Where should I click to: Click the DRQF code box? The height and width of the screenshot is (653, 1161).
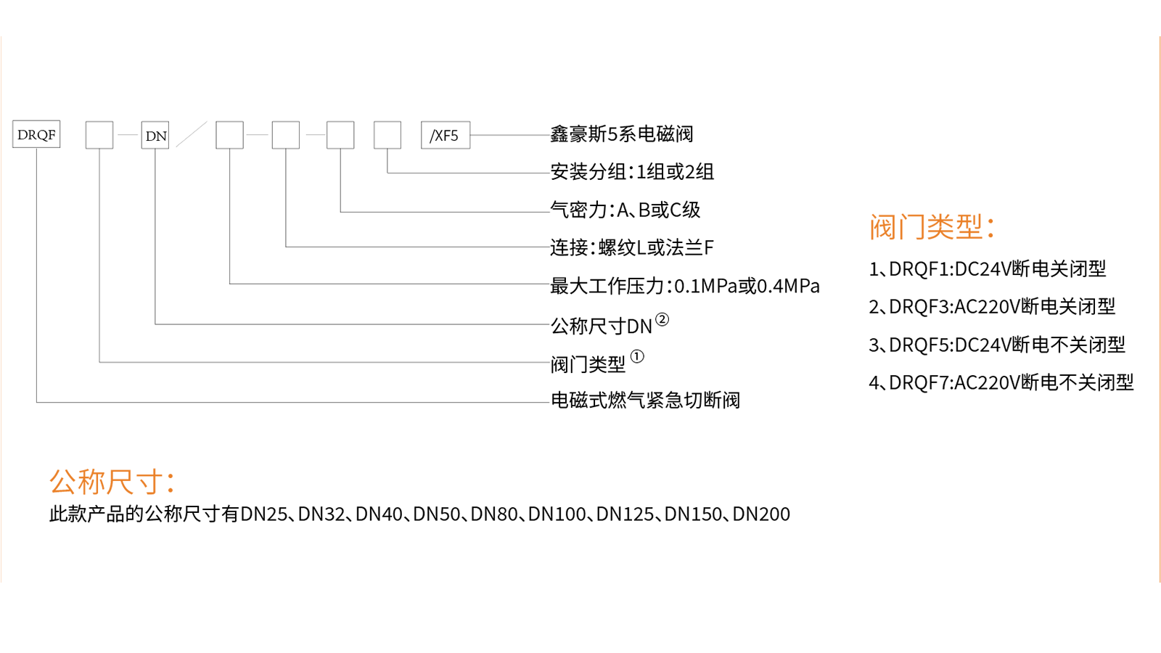pos(36,135)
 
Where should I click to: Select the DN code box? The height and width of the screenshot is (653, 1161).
pos(155,136)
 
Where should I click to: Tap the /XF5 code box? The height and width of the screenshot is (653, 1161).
pos(445,136)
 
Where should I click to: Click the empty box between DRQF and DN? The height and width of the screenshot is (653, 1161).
pos(99,135)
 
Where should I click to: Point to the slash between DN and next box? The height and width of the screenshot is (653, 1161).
pos(192,134)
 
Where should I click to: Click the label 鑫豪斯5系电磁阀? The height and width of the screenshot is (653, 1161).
pos(622,134)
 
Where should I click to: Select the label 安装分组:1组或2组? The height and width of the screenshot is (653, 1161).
pos(632,172)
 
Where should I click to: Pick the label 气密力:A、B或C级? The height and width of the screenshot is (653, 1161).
pos(625,210)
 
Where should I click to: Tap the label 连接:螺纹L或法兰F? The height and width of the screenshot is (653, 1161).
pos(631,248)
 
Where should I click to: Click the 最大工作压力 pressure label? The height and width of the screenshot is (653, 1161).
pos(684,286)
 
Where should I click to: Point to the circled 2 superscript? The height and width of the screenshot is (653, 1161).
pos(662,319)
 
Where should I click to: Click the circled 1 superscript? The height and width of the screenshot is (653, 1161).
pos(637,356)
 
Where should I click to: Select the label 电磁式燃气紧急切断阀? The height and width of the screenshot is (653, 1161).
pos(645,401)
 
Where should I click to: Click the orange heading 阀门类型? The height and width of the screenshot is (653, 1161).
pos(931,227)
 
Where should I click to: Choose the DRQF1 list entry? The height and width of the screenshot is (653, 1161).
pos(988,269)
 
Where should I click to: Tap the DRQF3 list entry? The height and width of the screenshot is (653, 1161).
pos(992,307)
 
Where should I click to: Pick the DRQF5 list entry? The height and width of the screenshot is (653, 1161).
pos(997,345)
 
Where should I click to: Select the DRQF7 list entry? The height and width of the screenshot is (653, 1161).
pos(1001,382)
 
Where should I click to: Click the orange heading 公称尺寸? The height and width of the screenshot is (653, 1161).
pos(112,482)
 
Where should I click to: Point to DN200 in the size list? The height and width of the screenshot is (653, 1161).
pos(761,514)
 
